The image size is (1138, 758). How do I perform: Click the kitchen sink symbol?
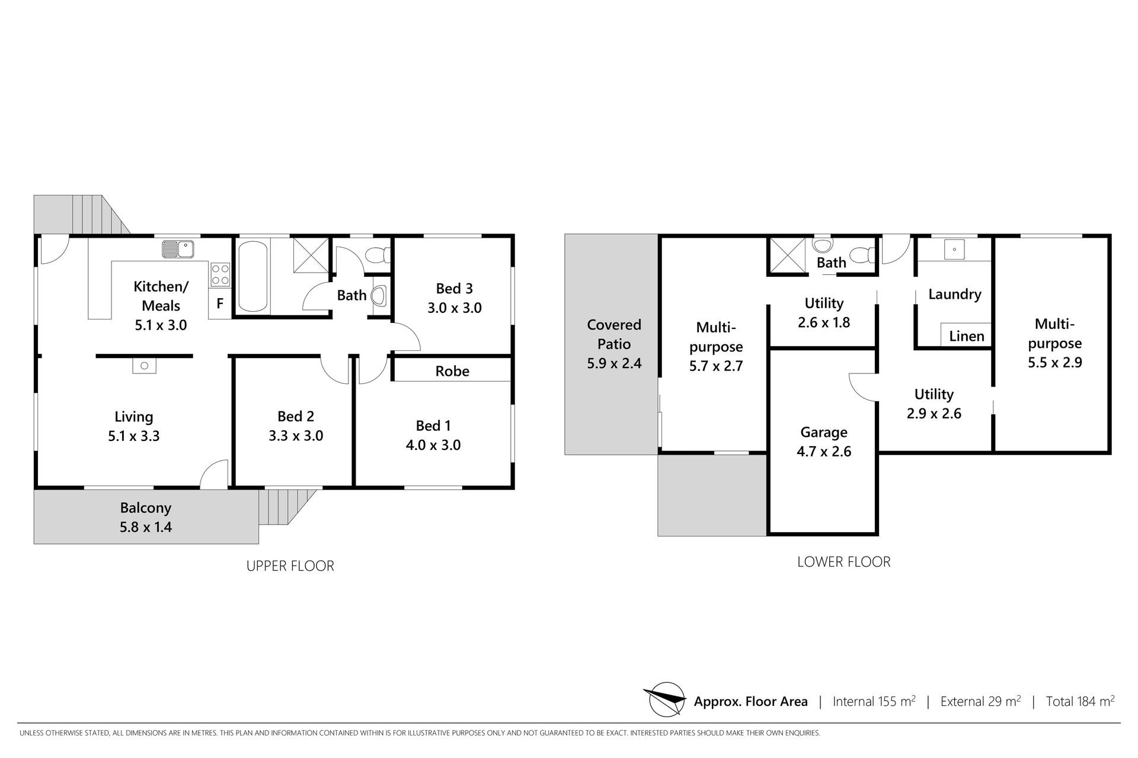point(178,249)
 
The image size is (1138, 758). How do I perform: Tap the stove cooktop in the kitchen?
point(220,274)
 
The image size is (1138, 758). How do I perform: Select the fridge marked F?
point(220,304)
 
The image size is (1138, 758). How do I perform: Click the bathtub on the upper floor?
point(252,276)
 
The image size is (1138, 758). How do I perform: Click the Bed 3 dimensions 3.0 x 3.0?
point(455,308)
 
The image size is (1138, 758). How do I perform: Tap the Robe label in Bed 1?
point(452,372)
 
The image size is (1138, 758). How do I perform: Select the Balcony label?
point(146,508)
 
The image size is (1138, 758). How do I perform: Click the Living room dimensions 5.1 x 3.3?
point(134,436)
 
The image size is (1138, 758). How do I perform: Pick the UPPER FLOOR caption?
point(290,566)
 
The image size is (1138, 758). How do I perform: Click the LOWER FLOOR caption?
point(844,562)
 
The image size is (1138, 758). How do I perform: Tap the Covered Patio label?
point(614,334)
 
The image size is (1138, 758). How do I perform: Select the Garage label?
point(824,433)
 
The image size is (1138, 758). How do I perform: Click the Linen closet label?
point(967,337)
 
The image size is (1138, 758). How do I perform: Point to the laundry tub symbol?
point(954,250)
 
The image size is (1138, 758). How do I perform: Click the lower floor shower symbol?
point(788,256)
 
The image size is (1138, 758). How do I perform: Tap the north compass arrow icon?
point(667,699)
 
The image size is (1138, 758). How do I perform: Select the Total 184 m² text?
point(1081,701)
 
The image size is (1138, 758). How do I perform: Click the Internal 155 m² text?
point(874,701)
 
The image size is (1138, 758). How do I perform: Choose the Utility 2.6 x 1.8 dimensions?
point(824,322)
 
